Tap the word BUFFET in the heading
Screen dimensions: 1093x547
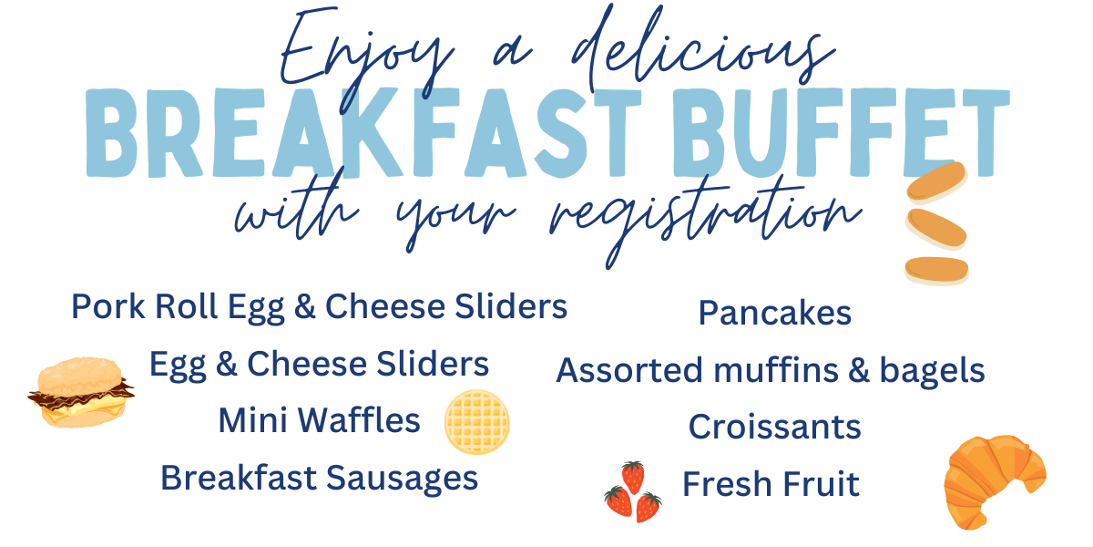[840, 133]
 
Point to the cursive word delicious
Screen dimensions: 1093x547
[703, 49]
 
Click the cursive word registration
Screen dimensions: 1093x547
[705, 220]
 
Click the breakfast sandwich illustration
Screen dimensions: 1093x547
[81, 393]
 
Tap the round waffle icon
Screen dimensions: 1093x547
[476, 422]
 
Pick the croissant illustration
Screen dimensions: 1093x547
[995, 481]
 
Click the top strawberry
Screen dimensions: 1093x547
[633, 477]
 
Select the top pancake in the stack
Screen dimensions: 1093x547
[937, 182]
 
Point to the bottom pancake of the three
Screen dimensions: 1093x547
[937, 271]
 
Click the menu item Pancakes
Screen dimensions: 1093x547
[775, 313]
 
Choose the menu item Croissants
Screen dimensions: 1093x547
[775, 427]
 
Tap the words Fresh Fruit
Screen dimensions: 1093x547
[771, 484]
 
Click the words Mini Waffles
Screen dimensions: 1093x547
[319, 420]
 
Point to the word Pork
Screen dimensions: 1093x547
[108, 306]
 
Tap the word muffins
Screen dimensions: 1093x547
[776, 370]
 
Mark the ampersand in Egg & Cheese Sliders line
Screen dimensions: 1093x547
[227, 364]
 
